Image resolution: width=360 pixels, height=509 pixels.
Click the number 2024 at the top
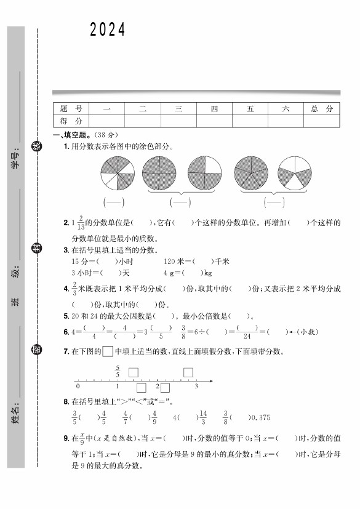click(108, 30)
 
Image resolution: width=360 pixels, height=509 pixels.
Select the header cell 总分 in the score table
click(321, 109)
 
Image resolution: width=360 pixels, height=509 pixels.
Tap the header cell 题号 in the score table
click(71, 109)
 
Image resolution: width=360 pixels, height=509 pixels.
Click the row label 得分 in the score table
click(71, 121)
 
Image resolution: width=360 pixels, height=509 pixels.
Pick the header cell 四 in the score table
click(214, 109)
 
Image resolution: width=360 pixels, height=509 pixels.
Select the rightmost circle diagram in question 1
click(295, 173)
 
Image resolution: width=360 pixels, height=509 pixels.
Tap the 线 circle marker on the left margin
click(38, 146)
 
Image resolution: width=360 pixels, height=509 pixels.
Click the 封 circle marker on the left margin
click(38, 247)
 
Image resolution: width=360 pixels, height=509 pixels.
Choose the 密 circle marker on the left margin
click(38, 350)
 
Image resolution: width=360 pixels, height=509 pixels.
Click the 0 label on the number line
click(78, 387)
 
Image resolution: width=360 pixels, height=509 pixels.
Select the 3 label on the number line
click(196, 387)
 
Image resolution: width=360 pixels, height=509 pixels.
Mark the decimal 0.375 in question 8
click(260, 417)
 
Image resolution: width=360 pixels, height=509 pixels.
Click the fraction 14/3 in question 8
click(204, 417)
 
